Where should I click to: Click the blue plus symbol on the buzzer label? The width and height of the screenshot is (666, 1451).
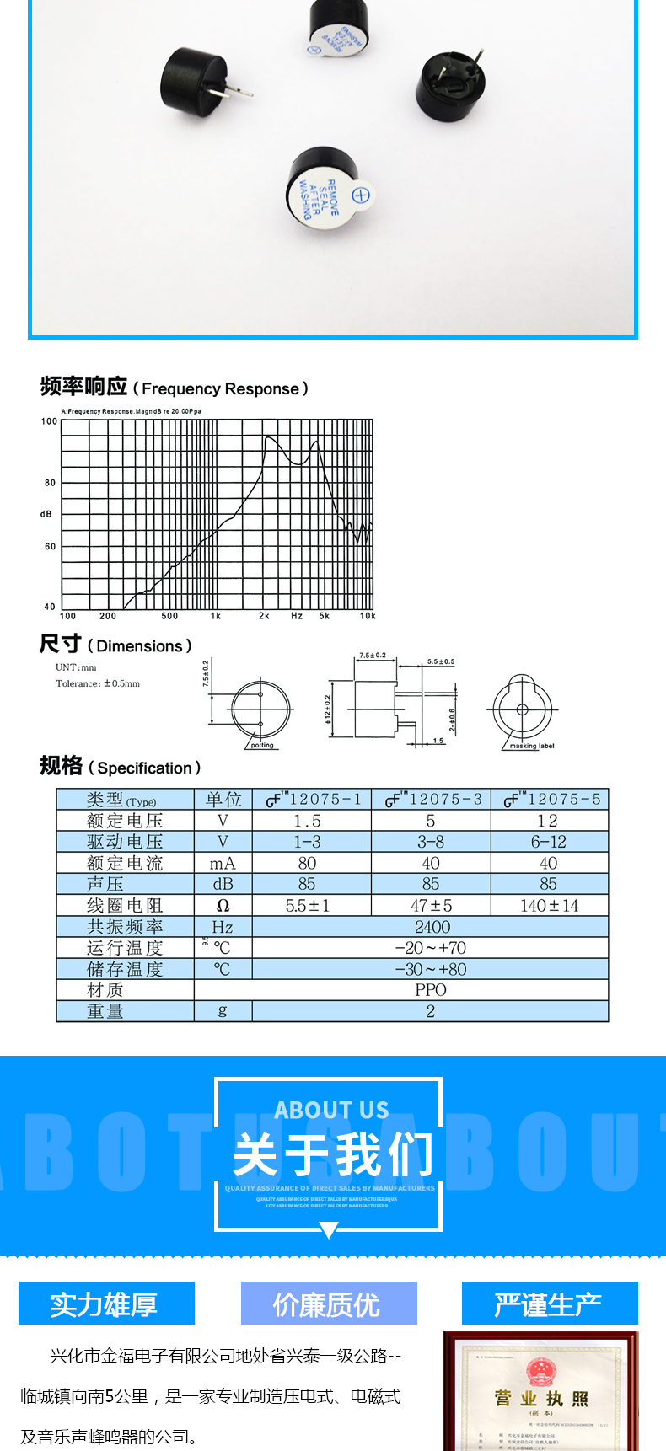(x=361, y=196)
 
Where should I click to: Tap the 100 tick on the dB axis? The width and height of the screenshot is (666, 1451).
(x=50, y=421)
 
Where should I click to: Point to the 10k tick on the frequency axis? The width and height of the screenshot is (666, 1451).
(x=368, y=616)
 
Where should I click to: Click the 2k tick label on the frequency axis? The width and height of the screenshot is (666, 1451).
(x=264, y=616)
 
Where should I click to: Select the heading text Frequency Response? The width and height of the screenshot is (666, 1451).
(x=220, y=389)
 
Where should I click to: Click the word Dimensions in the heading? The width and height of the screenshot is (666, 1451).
(x=139, y=646)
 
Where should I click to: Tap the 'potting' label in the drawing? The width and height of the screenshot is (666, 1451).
(x=262, y=745)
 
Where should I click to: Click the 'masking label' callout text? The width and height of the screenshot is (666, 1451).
(x=532, y=746)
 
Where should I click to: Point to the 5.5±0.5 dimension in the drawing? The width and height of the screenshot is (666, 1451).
(x=440, y=662)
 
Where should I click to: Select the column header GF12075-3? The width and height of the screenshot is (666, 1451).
(x=433, y=800)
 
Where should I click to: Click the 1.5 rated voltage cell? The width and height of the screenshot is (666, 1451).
(x=308, y=821)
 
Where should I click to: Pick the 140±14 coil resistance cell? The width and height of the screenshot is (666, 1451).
(x=549, y=906)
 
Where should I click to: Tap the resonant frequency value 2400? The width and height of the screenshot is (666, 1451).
(x=432, y=927)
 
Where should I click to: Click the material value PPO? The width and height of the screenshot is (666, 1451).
(x=430, y=990)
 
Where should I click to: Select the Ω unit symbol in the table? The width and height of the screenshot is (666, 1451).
(x=223, y=906)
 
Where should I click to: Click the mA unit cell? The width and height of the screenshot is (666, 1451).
(x=223, y=864)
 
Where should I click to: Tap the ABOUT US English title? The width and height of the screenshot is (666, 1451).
(x=331, y=1110)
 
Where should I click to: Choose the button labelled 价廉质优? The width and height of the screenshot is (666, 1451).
(x=329, y=1304)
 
